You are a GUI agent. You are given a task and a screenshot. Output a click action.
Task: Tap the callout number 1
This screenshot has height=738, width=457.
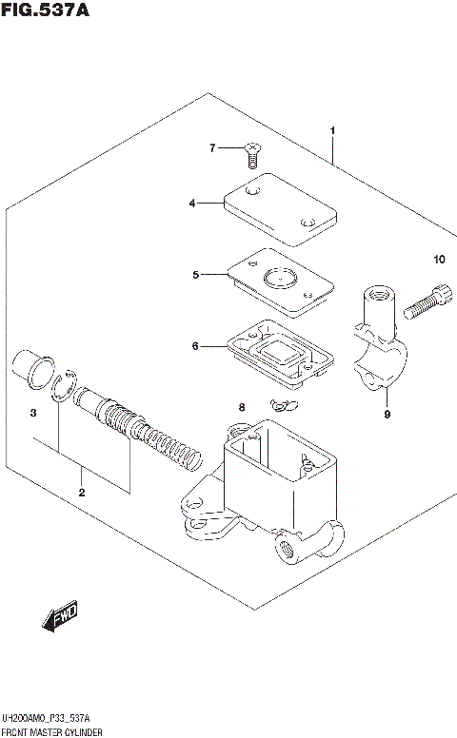pos(332,130)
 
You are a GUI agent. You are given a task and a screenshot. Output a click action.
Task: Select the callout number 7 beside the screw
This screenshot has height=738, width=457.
pos(214,147)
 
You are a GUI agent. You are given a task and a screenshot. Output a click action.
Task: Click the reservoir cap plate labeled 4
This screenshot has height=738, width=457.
pos(269,208)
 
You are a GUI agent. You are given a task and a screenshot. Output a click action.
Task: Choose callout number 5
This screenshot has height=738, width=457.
pos(195,275)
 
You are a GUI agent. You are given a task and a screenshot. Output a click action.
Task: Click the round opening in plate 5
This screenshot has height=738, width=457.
pos(279,280)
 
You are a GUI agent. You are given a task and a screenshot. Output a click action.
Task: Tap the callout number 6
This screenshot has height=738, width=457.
pos(195,346)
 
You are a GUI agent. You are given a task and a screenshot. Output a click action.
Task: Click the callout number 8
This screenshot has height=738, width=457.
pos(242,407)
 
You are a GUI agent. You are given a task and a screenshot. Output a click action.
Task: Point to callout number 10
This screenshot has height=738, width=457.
pos(438,260)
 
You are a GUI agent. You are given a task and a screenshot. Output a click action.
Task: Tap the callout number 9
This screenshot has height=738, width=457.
pos(387,414)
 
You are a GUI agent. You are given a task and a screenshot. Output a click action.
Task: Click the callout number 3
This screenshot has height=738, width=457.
pos(32,413)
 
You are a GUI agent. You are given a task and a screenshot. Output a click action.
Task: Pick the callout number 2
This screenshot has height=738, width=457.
pos(82,492)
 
